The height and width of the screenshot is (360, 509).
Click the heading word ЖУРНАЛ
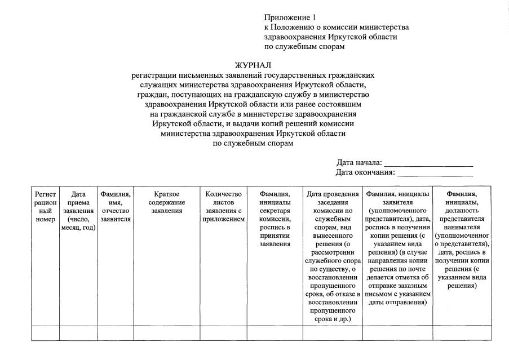pos(253,65)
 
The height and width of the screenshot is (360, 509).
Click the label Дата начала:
pos(359,163)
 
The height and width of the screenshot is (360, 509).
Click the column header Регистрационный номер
pos(45,206)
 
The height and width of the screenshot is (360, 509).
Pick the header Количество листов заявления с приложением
pos(223,206)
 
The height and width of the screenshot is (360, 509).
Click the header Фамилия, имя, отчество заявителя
pos(116,206)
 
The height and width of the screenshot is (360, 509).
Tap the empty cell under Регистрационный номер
pos(45,333)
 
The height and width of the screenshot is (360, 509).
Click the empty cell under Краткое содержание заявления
pos(166,333)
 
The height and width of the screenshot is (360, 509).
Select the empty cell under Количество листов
pos(223,333)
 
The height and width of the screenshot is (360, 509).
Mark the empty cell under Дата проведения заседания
pos(333,333)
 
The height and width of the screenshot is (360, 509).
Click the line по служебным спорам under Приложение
pos(304,47)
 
